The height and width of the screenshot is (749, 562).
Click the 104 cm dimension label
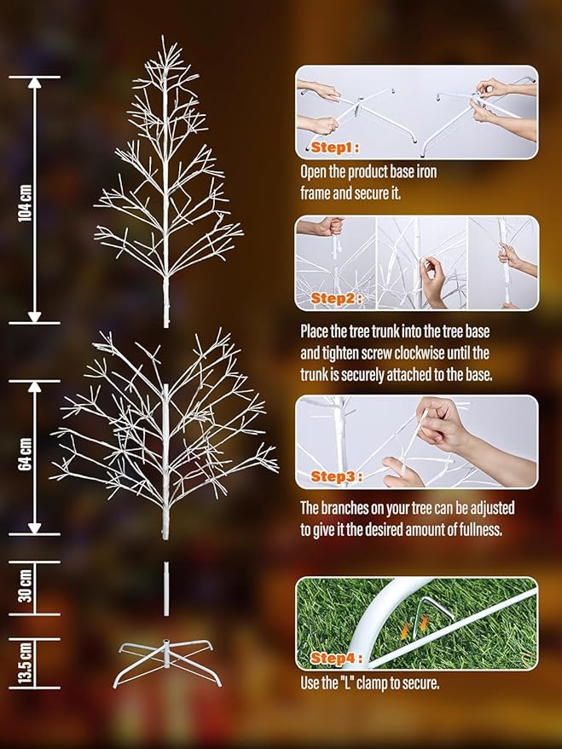(x=26, y=201)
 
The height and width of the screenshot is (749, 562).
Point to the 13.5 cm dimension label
(x=26, y=663)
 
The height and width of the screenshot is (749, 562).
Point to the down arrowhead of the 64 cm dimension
(x=35, y=527)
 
